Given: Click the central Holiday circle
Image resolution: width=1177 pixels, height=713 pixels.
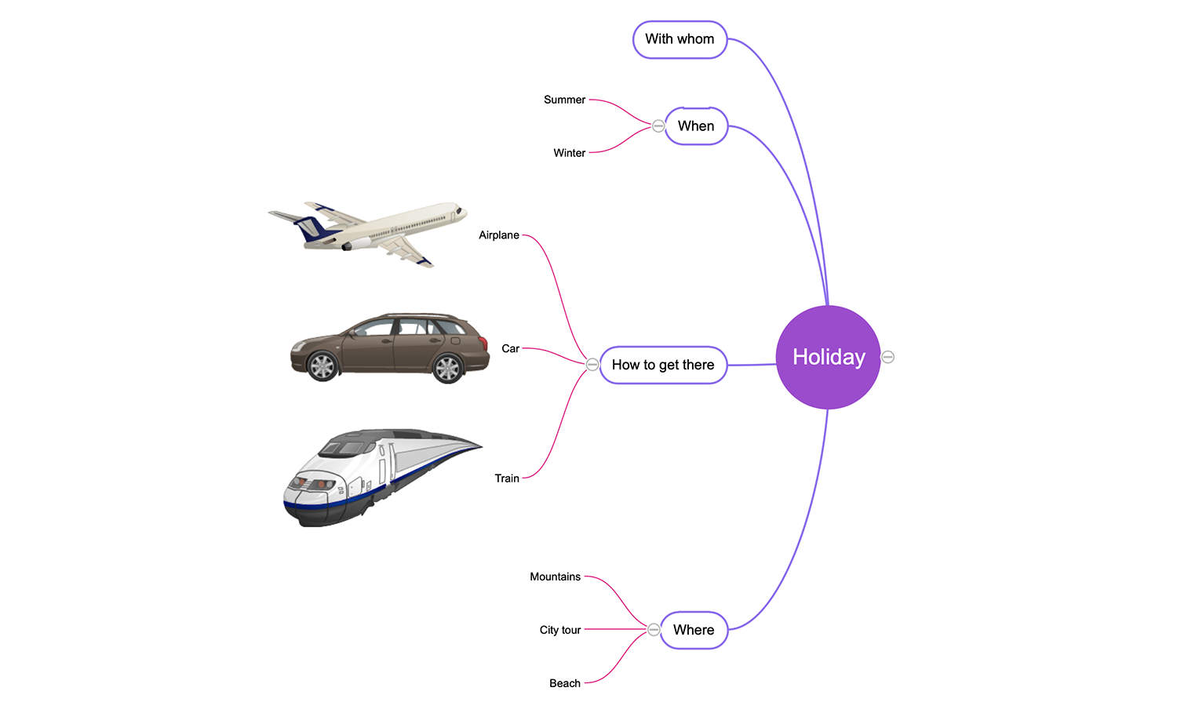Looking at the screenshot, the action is [x=828, y=358].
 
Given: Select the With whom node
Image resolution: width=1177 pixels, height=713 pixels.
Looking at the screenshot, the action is [x=680, y=39].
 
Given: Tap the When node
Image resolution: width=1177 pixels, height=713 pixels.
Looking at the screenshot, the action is [x=696, y=126].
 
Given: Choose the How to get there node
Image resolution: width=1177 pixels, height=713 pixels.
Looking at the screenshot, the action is [x=663, y=365].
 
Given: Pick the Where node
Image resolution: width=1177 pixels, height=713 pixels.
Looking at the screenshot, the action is [x=694, y=630].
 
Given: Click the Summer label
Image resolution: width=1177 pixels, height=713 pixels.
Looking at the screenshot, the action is [x=564, y=100].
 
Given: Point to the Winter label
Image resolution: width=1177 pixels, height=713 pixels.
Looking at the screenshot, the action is [x=569, y=153].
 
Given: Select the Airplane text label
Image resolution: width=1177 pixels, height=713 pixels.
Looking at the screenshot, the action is [x=498, y=235].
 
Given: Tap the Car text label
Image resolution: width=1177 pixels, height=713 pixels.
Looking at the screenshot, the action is [x=510, y=348].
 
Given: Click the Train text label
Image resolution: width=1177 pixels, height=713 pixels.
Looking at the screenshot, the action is [x=507, y=478].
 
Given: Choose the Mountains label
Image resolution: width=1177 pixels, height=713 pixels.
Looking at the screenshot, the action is [x=555, y=577].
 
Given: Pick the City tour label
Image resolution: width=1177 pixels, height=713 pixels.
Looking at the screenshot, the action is [x=560, y=630].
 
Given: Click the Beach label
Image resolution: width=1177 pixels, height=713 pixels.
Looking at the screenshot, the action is [x=565, y=683].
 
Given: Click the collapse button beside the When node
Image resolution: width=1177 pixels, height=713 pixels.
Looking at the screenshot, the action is [x=658, y=126].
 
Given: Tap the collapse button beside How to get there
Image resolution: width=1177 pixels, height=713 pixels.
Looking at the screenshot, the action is [x=592, y=365].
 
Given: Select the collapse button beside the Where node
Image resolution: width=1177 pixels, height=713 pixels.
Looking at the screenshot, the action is [x=653, y=629].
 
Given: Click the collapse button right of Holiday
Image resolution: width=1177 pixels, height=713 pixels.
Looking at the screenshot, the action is [x=887, y=358].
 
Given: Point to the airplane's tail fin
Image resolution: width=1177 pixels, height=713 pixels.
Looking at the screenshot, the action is [x=312, y=229].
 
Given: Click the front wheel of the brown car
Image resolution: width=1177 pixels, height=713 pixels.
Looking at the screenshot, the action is [x=322, y=366].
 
